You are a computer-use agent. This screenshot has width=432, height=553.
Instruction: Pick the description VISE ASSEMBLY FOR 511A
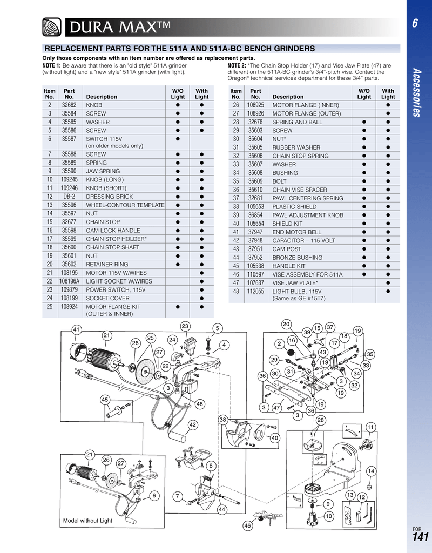[x=307, y=274]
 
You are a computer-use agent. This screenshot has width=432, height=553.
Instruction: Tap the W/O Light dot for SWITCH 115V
[x=178, y=139]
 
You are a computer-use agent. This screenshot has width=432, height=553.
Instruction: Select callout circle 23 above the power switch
[x=185, y=326]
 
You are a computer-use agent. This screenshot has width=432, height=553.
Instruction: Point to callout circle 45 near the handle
[x=105, y=399]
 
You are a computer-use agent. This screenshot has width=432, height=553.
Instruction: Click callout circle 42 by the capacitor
[x=192, y=424]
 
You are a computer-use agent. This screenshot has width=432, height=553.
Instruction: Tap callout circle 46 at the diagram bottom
[x=248, y=525]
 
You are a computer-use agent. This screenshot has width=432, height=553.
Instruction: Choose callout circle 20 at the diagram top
[x=286, y=323]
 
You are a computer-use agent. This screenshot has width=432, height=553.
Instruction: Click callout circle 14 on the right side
[x=371, y=471]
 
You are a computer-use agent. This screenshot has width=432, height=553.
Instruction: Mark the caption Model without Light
[x=87, y=521]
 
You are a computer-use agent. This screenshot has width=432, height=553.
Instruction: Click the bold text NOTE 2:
[x=237, y=65]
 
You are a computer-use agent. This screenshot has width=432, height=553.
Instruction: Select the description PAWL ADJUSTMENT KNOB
[x=308, y=215]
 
